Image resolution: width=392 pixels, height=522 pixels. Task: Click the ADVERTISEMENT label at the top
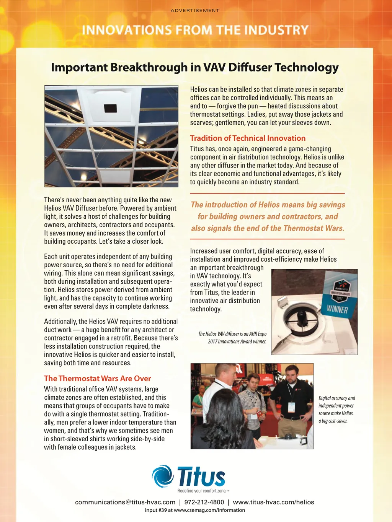click(195, 10)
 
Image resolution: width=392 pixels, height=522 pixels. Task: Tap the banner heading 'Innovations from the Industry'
click(195, 30)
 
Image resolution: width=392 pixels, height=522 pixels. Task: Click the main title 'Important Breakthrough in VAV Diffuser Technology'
click(195, 67)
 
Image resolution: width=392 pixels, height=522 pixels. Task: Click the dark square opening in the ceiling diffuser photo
click(110, 108)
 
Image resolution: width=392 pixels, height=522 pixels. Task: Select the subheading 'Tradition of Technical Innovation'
click(248, 138)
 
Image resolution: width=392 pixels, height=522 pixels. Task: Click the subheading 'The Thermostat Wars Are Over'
click(97, 378)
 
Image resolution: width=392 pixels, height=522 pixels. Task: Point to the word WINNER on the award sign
click(337, 309)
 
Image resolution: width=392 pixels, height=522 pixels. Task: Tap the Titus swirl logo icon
click(163, 476)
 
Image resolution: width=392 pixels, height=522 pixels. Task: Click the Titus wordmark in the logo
click(201, 476)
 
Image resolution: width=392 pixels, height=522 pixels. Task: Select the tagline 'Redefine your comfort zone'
click(203, 491)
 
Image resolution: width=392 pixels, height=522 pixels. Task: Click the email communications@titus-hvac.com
click(125, 502)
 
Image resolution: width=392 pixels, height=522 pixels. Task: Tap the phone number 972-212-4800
click(204, 502)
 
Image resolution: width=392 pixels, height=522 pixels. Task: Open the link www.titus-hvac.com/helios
click(273, 502)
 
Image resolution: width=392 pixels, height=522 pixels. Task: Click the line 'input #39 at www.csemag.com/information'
click(195, 510)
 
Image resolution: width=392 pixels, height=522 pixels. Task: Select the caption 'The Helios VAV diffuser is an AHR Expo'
click(232, 334)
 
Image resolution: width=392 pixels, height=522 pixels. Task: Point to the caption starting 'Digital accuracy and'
click(336, 398)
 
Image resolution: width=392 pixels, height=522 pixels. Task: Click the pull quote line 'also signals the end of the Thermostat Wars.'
click(268, 228)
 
